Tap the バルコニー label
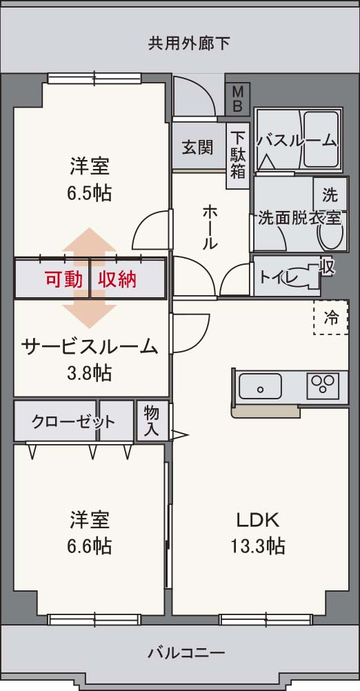[x=186, y=652]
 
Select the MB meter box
[x=237, y=99]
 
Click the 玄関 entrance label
[x=197, y=147]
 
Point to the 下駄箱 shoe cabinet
[x=238, y=154]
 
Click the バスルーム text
[x=297, y=141]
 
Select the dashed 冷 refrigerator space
[x=331, y=317]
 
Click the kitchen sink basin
[x=259, y=387]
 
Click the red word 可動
[x=64, y=279]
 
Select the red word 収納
[x=117, y=279]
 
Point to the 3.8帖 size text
[x=90, y=373]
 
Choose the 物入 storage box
[x=152, y=421]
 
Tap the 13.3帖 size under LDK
[x=258, y=546]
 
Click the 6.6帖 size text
[x=90, y=546]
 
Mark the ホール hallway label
[x=210, y=227]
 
